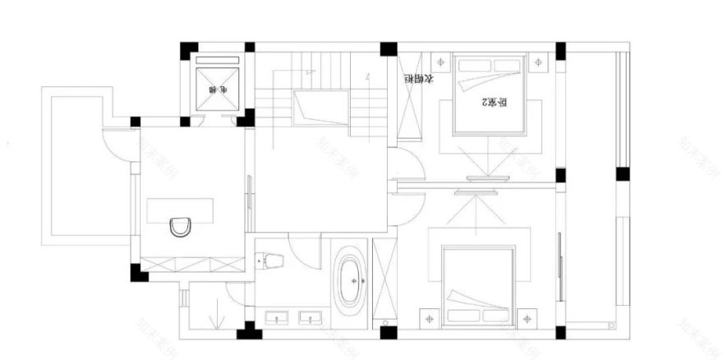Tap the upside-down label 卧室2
[x=492, y=103]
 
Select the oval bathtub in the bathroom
[x=351, y=280]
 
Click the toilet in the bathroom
[x=271, y=261]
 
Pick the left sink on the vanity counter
[x=276, y=316]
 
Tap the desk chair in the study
[x=181, y=226]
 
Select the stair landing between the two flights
[x=320, y=108]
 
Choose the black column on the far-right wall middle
[x=622, y=174]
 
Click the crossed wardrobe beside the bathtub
[x=385, y=279]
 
